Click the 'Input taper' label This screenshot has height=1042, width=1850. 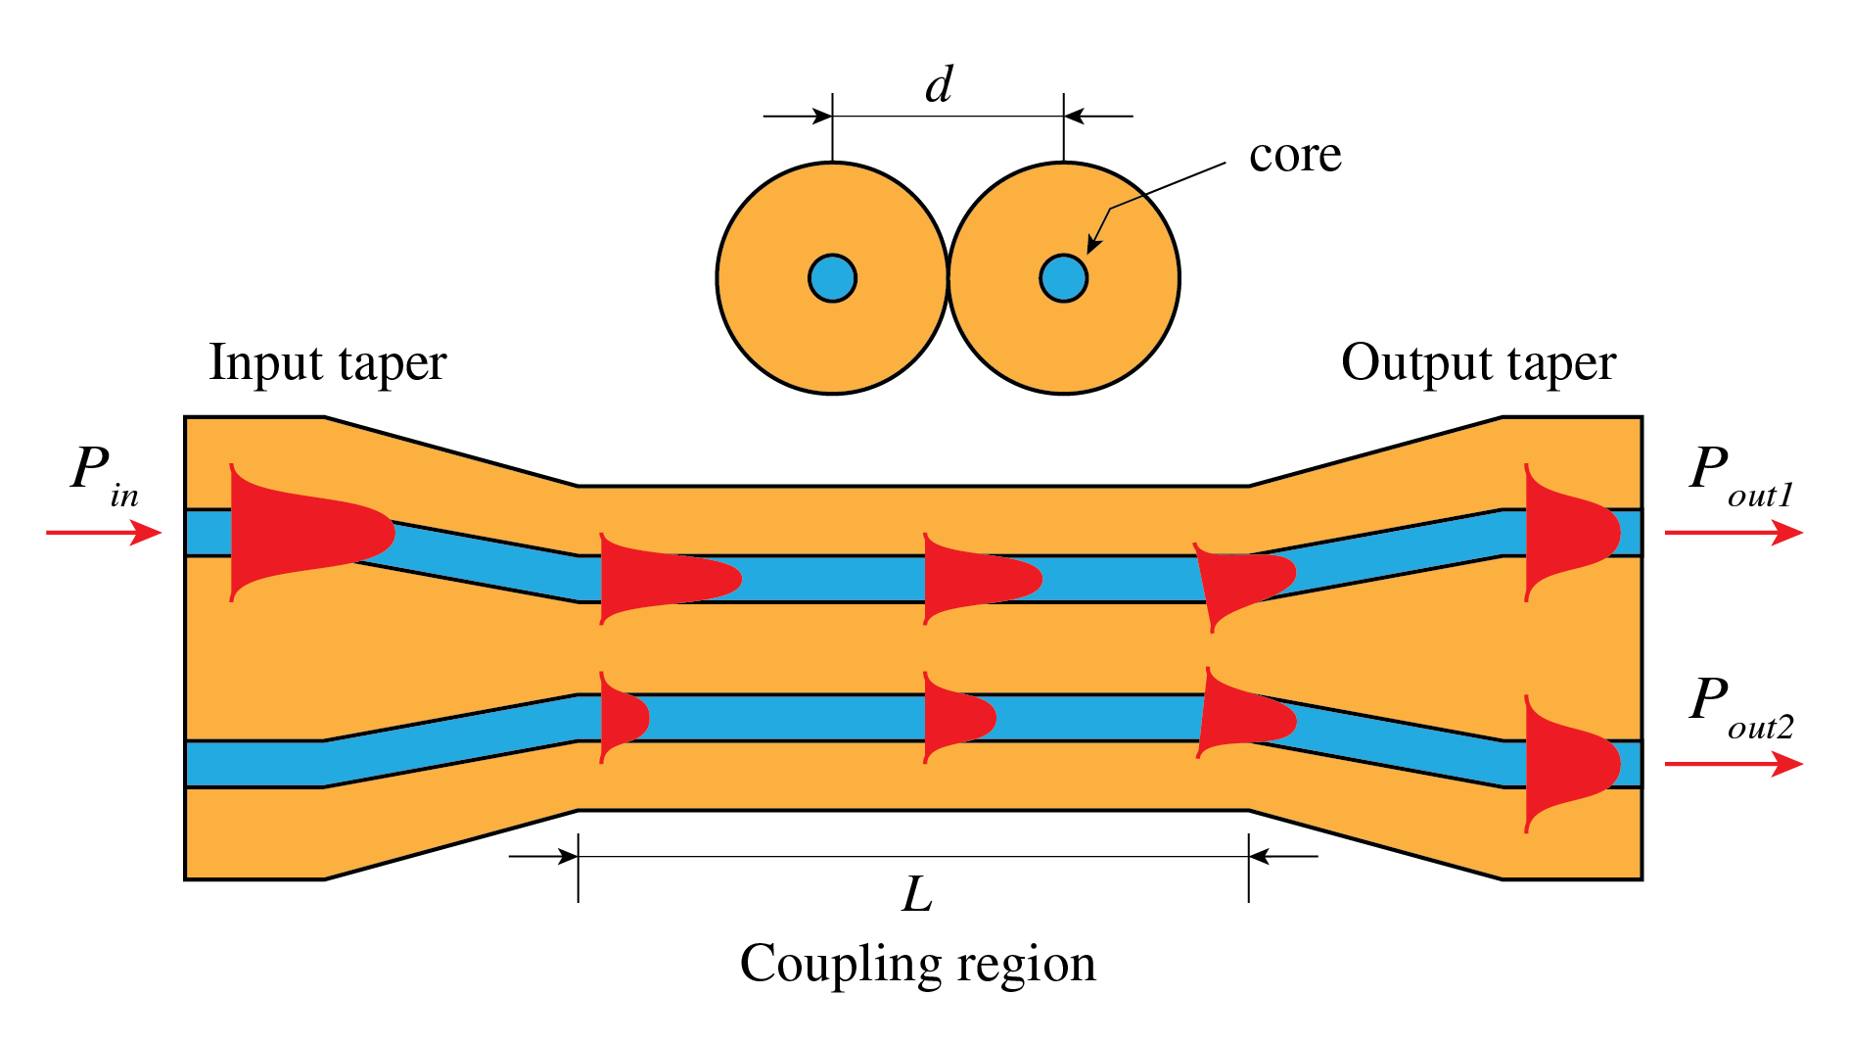click(x=328, y=364)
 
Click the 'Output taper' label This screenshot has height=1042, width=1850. click(x=1478, y=364)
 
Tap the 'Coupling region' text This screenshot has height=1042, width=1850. click(x=917, y=964)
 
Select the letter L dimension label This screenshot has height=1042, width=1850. click(x=917, y=894)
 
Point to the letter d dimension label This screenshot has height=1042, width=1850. click(x=939, y=85)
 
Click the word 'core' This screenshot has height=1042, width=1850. click(x=1294, y=155)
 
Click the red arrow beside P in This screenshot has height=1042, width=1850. click(x=104, y=533)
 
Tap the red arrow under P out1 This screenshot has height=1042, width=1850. click(x=1733, y=533)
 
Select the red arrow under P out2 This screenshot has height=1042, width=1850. click(x=1733, y=764)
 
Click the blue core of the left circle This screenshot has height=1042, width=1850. click(x=832, y=279)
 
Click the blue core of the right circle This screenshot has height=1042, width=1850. click(x=1063, y=279)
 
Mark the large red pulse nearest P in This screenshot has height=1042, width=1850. click(x=294, y=533)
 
